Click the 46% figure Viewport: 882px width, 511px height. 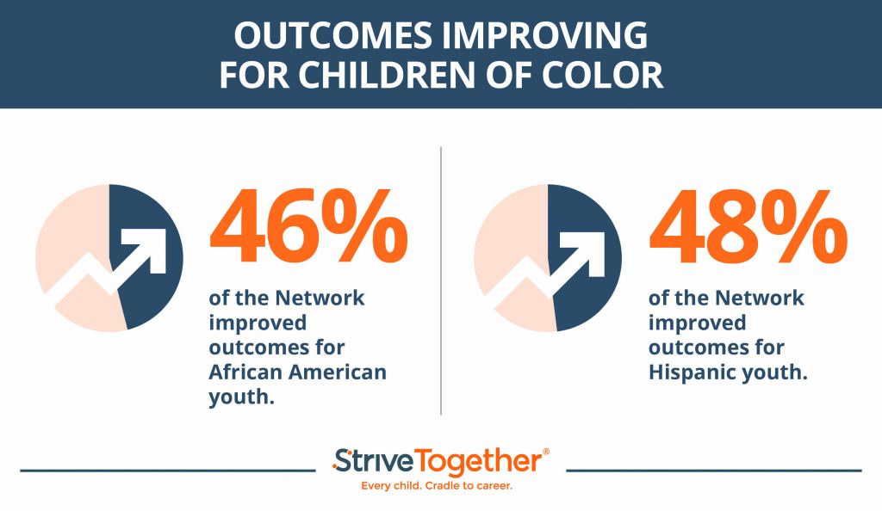309,225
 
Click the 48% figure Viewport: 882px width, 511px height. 748,225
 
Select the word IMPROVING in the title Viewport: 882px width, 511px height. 544,35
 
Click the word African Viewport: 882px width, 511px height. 244,372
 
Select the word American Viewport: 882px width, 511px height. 338,372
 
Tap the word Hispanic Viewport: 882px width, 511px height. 689,372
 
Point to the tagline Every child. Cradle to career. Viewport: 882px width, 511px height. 437,486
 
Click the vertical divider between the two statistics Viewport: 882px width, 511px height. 441,280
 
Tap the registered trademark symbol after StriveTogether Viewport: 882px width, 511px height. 545,452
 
